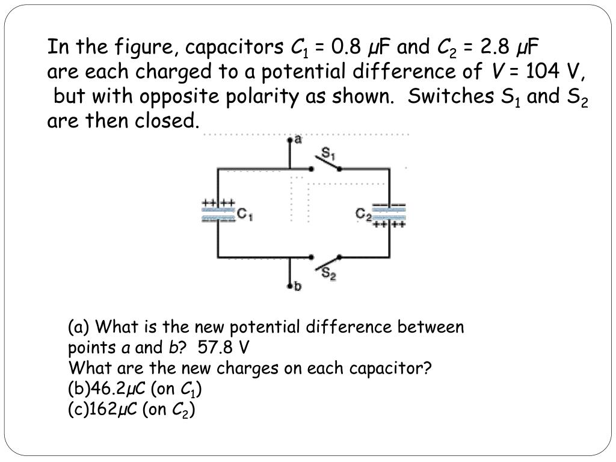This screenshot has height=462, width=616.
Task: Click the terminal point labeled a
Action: (x=291, y=140)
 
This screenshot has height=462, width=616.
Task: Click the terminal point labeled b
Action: (x=291, y=285)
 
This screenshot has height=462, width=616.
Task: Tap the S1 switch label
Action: (x=328, y=154)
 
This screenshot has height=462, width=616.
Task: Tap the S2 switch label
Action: (x=328, y=274)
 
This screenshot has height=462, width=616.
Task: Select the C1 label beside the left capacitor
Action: (x=244, y=214)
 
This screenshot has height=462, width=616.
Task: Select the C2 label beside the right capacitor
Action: (x=363, y=214)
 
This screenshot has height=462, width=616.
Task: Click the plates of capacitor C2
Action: (x=389, y=212)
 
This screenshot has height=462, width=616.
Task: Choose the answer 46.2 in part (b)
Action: (x=103, y=389)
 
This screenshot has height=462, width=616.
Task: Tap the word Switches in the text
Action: (x=449, y=97)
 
